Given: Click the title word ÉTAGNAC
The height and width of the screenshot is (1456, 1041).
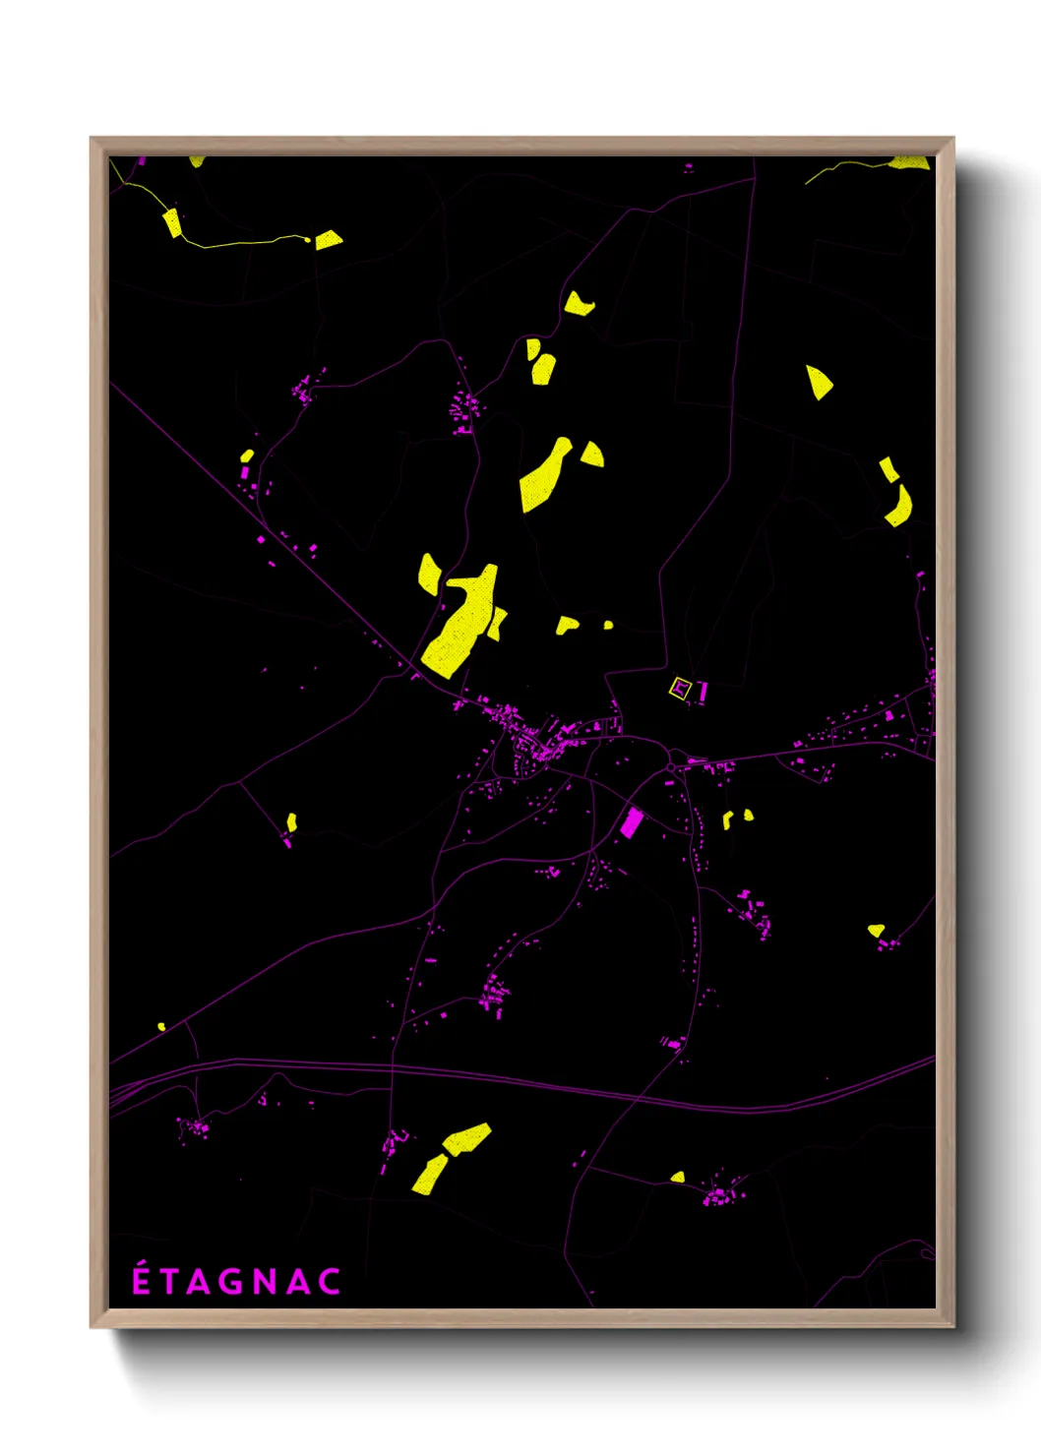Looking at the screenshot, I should pos(236,1281).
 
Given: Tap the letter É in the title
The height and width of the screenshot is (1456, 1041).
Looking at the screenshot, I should pos(142,1280).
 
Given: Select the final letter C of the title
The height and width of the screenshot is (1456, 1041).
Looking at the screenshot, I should pos(330,1282).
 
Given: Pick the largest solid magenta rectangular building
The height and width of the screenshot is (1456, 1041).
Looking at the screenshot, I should pos(631,822).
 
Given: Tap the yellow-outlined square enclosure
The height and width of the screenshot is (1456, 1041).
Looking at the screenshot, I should pos(680,688).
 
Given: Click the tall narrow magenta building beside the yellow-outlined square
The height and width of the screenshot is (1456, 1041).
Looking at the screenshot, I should pos(703,692).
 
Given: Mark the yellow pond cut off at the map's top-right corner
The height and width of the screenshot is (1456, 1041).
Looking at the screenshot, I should pos(910,162).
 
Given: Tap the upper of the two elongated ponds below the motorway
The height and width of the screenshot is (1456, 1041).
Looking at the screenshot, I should pos(466,1138).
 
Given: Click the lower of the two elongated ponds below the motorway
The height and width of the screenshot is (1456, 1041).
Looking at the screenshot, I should pos(430,1175).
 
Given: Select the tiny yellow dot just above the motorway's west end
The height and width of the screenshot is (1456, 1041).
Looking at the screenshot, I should pos(161,1026).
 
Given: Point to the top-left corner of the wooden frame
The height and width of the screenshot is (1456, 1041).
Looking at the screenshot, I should pos(92,139).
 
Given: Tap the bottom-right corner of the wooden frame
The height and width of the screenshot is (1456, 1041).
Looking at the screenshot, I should pos(952,1326).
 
